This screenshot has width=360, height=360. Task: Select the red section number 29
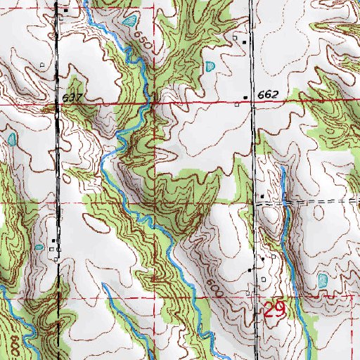(275, 311)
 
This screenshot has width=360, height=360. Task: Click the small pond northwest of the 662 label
(210, 67)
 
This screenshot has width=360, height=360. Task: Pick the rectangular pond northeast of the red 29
(323, 281)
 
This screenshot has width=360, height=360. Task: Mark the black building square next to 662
(245, 96)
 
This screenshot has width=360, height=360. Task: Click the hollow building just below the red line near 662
(238, 105)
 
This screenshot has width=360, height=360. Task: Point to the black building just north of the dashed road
(262, 196)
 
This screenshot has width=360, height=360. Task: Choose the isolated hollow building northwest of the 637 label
(43, 65)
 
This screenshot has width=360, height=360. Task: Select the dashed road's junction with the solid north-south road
(255, 202)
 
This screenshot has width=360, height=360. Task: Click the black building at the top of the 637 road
(65, 11)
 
